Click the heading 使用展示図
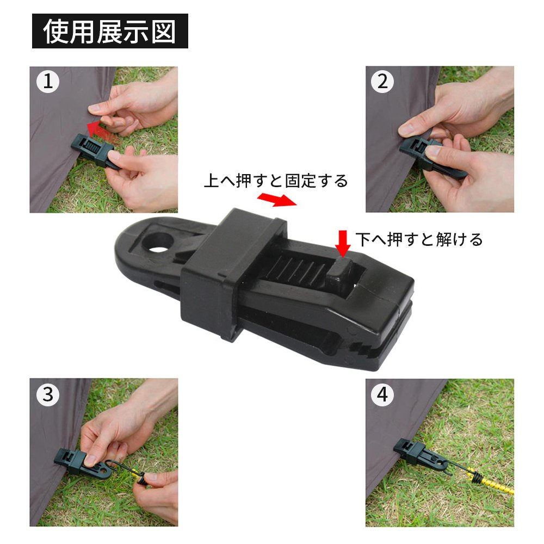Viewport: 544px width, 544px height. tap(110, 31)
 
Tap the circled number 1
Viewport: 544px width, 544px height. tap(48, 82)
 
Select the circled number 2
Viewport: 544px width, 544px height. tap(382, 82)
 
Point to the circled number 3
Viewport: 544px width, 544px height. tap(48, 394)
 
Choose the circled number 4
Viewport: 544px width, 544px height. tap(382, 394)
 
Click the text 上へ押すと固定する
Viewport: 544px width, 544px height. tap(276, 181)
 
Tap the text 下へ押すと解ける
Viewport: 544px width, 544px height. tap(419, 239)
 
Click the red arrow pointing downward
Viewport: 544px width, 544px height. tap(343, 244)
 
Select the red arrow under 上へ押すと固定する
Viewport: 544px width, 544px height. tap(277, 200)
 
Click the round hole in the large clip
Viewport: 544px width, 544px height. tap(158, 243)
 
